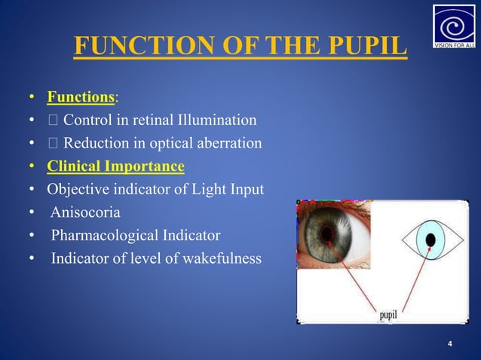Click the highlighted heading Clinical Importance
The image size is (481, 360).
115,166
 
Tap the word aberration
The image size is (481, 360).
225,143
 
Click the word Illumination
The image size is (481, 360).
219,120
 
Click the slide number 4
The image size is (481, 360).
450,344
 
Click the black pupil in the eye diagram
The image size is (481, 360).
430,240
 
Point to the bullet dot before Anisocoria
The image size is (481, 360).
32,213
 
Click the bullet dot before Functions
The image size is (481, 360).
32,98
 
